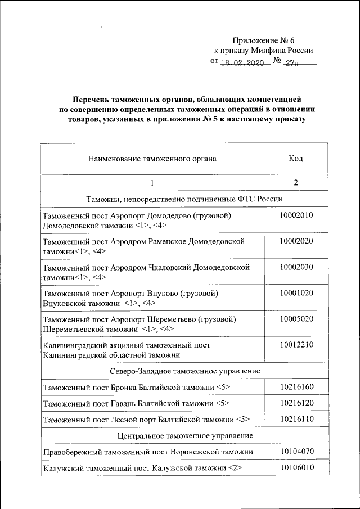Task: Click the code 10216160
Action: coord(296,387)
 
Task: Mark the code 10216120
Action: coord(296,403)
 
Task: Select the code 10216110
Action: coord(296,419)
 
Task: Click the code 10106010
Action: coord(296,467)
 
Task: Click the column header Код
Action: coord(296,159)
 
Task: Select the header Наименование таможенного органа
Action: coord(152,159)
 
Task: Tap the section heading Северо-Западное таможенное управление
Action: coord(184,371)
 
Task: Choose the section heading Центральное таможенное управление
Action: coord(184,435)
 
